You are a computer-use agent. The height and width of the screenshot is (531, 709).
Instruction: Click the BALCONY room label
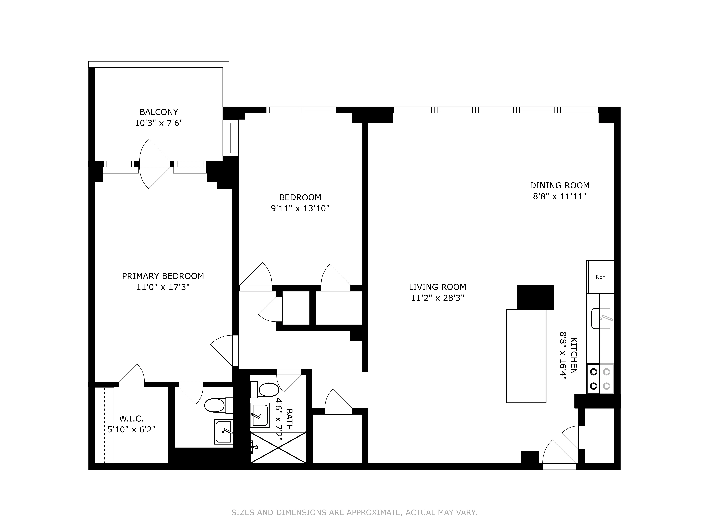(x=159, y=112)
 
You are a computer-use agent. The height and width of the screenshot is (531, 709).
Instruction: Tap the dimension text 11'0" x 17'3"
(x=163, y=287)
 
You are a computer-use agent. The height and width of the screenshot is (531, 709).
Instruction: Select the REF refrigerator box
(x=600, y=277)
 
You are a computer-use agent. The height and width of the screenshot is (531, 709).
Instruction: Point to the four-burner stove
(x=600, y=379)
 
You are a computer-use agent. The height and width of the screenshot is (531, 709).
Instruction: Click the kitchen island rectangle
(x=526, y=356)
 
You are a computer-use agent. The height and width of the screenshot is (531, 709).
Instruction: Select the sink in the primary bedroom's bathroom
(x=223, y=432)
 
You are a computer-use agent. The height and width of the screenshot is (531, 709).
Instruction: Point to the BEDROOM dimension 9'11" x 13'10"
(x=300, y=208)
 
